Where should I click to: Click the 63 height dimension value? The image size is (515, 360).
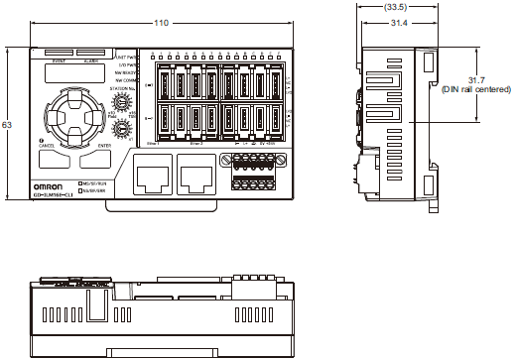pos(9,126)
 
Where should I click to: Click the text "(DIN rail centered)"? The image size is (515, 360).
pos(476,89)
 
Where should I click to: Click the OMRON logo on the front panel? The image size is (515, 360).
pos(52,185)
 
